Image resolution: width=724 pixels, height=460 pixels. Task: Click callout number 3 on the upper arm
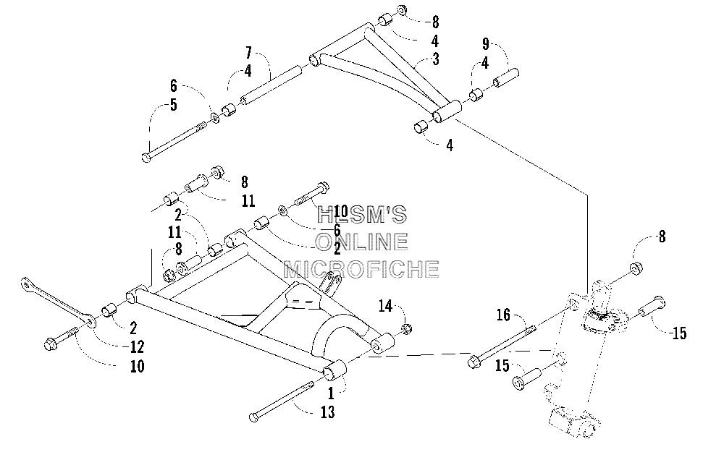pos(435,59)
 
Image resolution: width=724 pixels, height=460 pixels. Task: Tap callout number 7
pos(249,53)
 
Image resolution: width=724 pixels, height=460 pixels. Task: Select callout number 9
pos(485,44)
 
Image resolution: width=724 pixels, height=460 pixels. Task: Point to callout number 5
pos(173,105)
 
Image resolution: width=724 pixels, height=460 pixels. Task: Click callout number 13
pos(327,412)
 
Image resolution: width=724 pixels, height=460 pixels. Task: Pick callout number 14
pos(386,305)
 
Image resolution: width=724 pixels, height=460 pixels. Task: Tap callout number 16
pos(503,315)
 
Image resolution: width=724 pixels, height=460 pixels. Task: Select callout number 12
pos(137,346)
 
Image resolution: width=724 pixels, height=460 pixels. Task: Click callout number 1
pos(331,393)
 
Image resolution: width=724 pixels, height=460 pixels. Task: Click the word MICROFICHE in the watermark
pos(361,268)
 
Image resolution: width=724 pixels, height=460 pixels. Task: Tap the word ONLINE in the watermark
pos(361,242)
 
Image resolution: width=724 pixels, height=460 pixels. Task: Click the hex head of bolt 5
pos(146,158)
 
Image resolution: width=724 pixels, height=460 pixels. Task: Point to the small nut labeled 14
pos(406,329)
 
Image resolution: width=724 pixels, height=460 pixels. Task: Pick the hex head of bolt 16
pos(473,361)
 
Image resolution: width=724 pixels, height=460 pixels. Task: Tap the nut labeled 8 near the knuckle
pos(636,268)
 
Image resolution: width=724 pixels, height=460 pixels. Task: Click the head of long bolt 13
pos(253,417)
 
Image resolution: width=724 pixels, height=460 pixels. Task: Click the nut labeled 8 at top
pos(402,10)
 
